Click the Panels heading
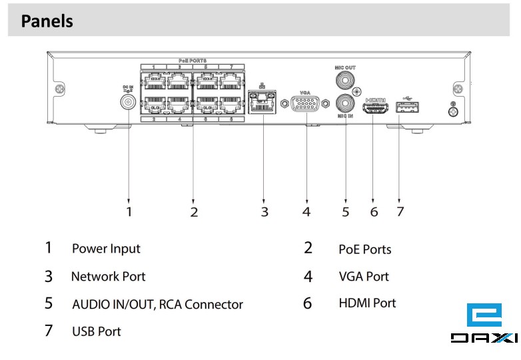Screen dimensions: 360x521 [47, 21]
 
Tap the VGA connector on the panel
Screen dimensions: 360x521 [306, 105]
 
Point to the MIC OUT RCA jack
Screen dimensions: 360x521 [345, 81]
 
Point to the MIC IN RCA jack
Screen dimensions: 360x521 [346, 103]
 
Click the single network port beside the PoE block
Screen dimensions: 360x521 [263, 104]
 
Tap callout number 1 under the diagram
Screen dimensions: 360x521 [129, 212]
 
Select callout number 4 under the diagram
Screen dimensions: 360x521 [306, 212]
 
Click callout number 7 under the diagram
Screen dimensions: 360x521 [400, 212]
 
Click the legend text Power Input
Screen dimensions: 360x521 [106, 249]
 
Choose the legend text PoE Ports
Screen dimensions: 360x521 [364, 249]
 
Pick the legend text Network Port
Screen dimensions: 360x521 [108, 276]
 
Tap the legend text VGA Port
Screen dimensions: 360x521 [363, 276]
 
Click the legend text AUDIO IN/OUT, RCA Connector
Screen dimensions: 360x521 [157, 305]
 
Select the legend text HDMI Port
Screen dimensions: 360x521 [367, 303]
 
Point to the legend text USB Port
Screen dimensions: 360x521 [96, 331]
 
